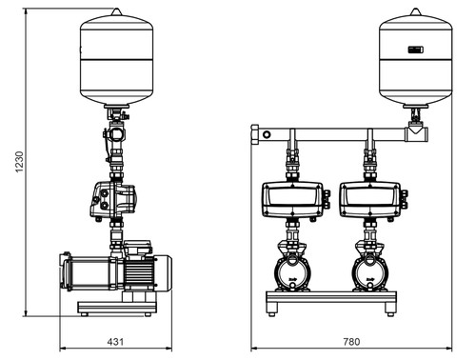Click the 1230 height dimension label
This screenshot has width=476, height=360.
click(20, 162)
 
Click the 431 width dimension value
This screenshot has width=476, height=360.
click(115, 342)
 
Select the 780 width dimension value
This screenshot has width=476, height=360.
click(351, 342)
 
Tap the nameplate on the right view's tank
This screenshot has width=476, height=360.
click(416, 50)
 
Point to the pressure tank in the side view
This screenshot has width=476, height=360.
click(117, 57)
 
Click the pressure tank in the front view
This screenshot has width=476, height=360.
click(416, 57)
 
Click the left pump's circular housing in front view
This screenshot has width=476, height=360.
click(292, 272)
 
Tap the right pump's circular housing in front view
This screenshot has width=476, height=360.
click(370, 272)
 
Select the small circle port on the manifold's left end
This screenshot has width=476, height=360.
click(267, 134)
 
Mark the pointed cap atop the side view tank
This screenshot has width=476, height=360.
click(117, 11)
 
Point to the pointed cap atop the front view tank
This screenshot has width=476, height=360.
click(416, 11)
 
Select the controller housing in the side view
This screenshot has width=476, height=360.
click(115, 200)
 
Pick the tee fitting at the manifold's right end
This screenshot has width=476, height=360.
click(417, 134)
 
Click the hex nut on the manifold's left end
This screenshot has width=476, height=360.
click(254, 134)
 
